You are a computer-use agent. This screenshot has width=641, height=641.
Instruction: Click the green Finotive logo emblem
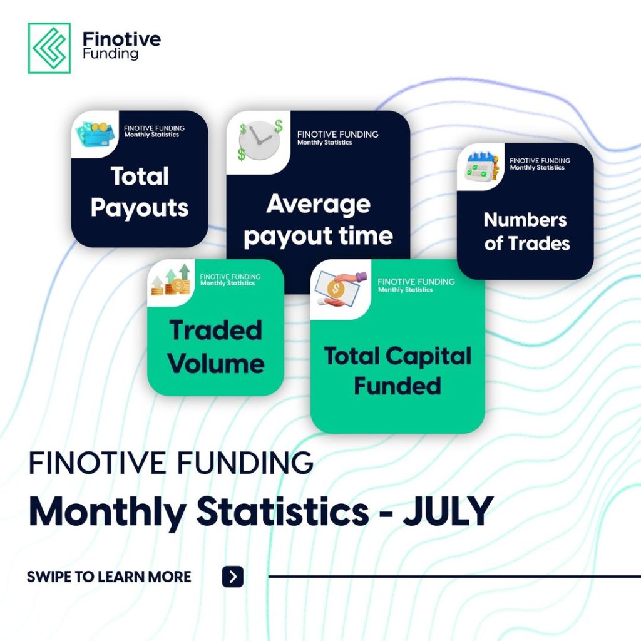(49, 48)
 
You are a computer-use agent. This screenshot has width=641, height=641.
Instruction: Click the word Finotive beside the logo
(121, 39)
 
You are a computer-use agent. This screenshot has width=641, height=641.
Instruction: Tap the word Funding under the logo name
(110, 54)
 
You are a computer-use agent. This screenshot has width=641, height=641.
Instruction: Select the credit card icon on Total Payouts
(95, 133)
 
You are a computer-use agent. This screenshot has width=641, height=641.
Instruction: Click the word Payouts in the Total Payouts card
(140, 208)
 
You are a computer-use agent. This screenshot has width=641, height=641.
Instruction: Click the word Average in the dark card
(318, 204)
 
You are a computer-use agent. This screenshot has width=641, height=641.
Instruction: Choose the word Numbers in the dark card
(525, 220)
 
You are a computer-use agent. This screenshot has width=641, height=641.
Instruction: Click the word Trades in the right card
(539, 244)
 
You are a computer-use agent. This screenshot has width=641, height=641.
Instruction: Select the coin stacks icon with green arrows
(172, 280)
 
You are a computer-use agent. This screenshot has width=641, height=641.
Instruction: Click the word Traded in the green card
(215, 330)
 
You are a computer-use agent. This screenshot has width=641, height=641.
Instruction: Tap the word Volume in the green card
(216, 364)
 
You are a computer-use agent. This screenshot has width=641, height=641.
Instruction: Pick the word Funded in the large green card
(397, 386)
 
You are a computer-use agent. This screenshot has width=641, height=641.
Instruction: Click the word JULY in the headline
(448, 511)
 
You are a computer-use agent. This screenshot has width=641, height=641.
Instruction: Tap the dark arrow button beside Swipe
(233, 577)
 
